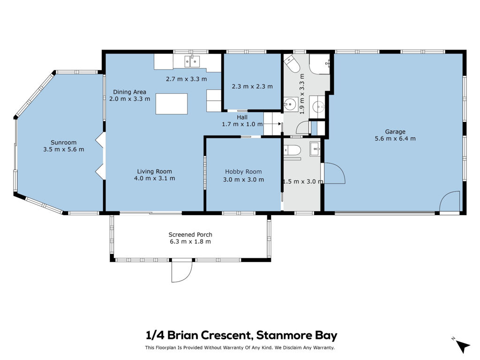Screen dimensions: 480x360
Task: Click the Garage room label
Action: click(395, 132)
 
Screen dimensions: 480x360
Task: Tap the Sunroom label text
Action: click(63, 142)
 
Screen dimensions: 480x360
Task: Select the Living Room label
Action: click(154, 172)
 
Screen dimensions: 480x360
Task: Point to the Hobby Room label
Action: click(243, 172)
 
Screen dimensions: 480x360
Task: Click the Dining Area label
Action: click(129, 92)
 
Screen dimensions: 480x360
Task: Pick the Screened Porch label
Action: click(190, 234)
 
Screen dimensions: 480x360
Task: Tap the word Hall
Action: click(242, 117)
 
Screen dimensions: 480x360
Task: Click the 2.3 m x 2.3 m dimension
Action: click(252, 87)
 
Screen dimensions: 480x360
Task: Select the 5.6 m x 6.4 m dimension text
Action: click(395, 139)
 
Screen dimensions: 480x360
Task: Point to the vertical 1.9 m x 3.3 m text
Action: click(302, 94)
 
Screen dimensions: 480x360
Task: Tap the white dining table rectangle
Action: click(172, 104)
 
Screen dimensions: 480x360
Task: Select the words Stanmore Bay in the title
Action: click(297, 335)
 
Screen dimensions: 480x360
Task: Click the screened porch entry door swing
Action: click(181, 271)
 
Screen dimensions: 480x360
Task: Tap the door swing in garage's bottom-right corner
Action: click(450, 201)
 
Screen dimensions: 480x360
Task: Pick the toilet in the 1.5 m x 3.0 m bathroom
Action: click(292, 150)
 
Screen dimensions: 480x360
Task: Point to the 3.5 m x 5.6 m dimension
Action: click(64, 150)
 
